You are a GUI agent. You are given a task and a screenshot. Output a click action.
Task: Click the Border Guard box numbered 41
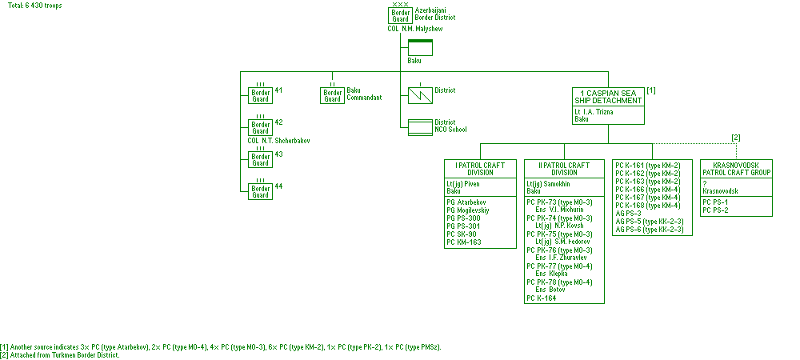coord(260,95)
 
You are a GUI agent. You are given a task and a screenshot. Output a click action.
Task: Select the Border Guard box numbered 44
coord(260,191)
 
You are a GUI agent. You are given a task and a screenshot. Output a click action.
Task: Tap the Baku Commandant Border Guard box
coord(332,95)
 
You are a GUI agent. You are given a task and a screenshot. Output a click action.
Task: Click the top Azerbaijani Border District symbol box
coord(401,15)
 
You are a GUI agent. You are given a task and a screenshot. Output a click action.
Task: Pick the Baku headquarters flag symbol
coord(420,47)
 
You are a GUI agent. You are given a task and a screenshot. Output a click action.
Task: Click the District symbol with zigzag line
coord(420,95)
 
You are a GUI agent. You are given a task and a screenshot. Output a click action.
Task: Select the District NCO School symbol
coord(420,126)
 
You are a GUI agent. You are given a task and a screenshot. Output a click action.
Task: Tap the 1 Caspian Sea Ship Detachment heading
coord(608,97)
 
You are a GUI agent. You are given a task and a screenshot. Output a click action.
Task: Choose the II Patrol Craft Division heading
coord(564,169)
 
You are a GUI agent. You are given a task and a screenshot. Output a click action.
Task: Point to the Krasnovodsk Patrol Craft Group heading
coord(736,169)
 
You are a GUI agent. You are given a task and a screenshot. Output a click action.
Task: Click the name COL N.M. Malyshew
coord(414,29)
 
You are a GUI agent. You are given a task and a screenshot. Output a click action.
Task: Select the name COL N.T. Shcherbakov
coord(279,140)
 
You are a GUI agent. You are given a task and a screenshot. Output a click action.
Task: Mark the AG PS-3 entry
coord(629,213)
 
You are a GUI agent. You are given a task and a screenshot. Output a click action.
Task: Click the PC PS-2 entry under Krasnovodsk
coord(715,210)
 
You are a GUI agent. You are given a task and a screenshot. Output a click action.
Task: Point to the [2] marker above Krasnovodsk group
coord(736,138)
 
